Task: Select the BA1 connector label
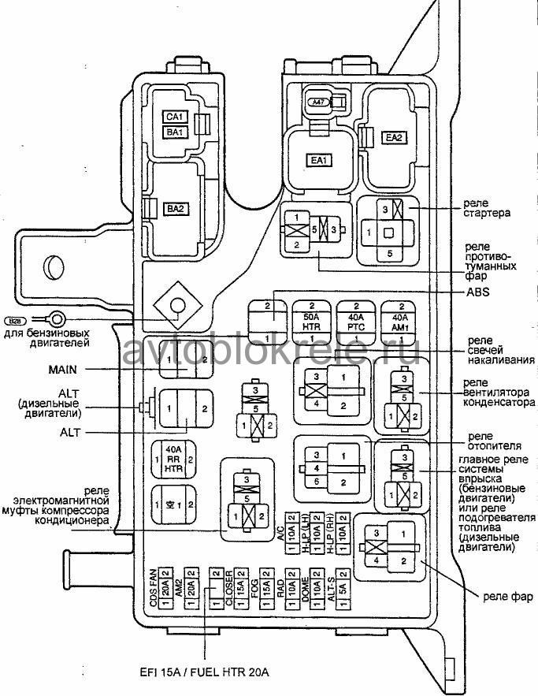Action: pyautogui.click(x=174, y=132)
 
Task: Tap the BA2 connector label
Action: pyautogui.click(x=175, y=209)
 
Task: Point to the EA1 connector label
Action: pyautogui.click(x=318, y=161)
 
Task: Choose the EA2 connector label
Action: pyautogui.click(x=394, y=137)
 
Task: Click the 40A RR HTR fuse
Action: pyautogui.click(x=173, y=459)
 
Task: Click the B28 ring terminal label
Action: pyautogui.click(x=16, y=321)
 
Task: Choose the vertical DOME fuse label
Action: pyautogui.click(x=304, y=587)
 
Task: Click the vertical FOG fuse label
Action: pyautogui.click(x=254, y=587)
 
